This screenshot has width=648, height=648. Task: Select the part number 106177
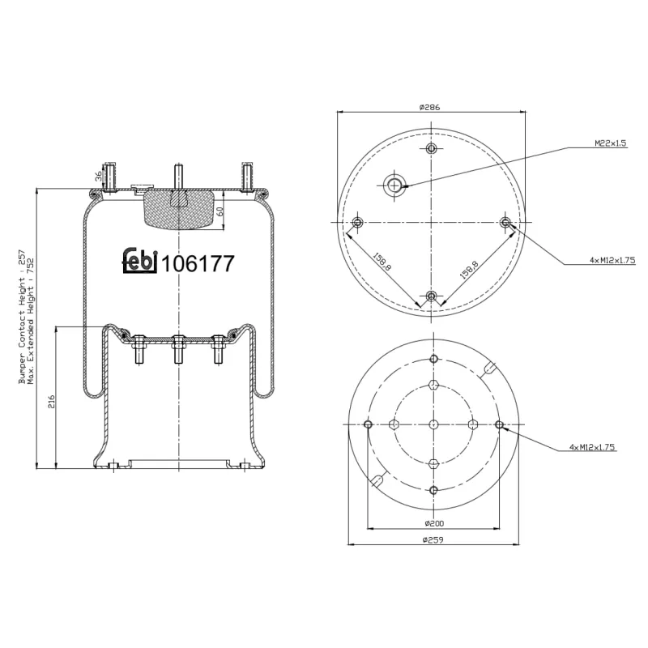pos(198,264)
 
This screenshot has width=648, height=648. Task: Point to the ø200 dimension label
pos(433,524)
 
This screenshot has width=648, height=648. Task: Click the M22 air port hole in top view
pos(394,185)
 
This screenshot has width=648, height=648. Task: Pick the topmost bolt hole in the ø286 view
pos(431,148)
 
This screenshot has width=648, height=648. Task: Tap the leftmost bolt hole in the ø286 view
pos(357,223)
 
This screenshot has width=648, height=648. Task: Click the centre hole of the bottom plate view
pos(433,425)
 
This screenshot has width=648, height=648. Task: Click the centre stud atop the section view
pos(177,175)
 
